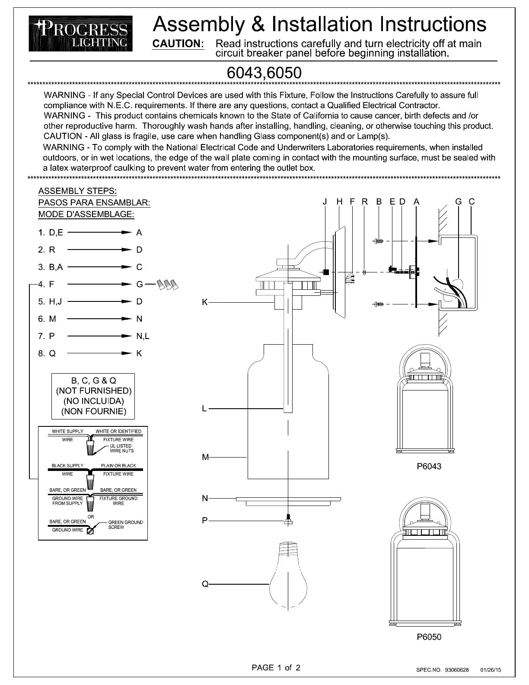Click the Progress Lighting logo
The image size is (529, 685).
tap(81, 33)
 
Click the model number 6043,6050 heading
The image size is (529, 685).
tap(264, 73)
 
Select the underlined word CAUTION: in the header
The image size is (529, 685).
tap(178, 44)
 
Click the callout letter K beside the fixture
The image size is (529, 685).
tap(204, 302)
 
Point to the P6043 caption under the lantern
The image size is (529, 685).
tap(429, 466)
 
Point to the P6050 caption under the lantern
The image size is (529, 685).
tap(429, 637)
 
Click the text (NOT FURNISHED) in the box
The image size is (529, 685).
tap(94, 391)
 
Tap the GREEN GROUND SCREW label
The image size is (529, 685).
tap(125, 525)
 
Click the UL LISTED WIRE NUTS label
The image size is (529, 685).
tap(121, 448)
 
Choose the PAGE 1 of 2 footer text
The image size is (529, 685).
tap(276, 667)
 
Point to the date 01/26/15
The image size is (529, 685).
tap(491, 670)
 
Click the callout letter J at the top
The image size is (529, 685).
tap(325, 202)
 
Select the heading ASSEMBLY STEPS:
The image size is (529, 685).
tap(78, 191)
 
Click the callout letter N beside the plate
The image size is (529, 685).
tap(205, 498)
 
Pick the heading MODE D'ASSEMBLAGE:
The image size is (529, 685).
tap(86, 214)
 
